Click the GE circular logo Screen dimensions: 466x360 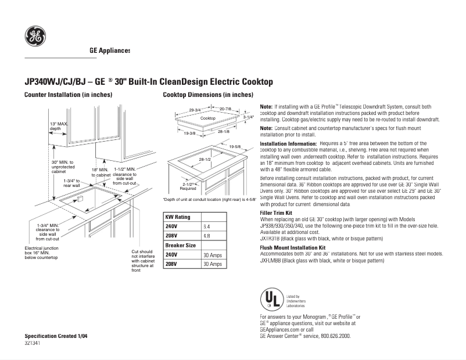pyautogui.click(x=35, y=37)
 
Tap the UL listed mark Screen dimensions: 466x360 pyautogui.click(x=270, y=299)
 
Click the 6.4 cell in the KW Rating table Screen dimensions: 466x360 pyautogui.click(x=206, y=226)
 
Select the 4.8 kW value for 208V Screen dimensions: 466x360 pyautogui.click(x=206, y=236)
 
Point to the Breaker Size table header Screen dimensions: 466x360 pyautogui.click(x=180, y=246)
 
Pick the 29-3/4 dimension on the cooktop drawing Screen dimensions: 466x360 pyautogui.click(x=195, y=110)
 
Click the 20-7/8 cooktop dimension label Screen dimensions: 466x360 pyautogui.click(x=225, y=109)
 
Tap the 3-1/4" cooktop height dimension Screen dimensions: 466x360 pyautogui.click(x=249, y=117)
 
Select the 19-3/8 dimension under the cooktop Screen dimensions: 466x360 pyautogui.click(x=189, y=134)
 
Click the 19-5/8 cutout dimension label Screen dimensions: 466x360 pyautogui.click(x=235, y=147)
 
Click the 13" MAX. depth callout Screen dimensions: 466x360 pyautogui.click(x=59, y=127)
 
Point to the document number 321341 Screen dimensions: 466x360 pyautogui.click(x=33, y=344)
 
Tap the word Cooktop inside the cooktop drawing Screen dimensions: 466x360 pyautogui.click(x=207, y=118)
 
